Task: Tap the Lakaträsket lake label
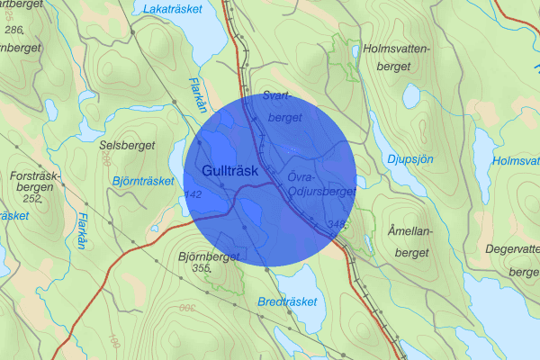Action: pyautogui.click(x=172, y=10)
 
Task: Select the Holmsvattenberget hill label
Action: pyautogui.click(x=398, y=56)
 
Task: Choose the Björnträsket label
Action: pyautogui.click(x=143, y=181)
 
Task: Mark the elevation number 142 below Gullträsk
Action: pyautogui.click(x=192, y=194)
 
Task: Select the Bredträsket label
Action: pyautogui.click(x=287, y=301)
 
